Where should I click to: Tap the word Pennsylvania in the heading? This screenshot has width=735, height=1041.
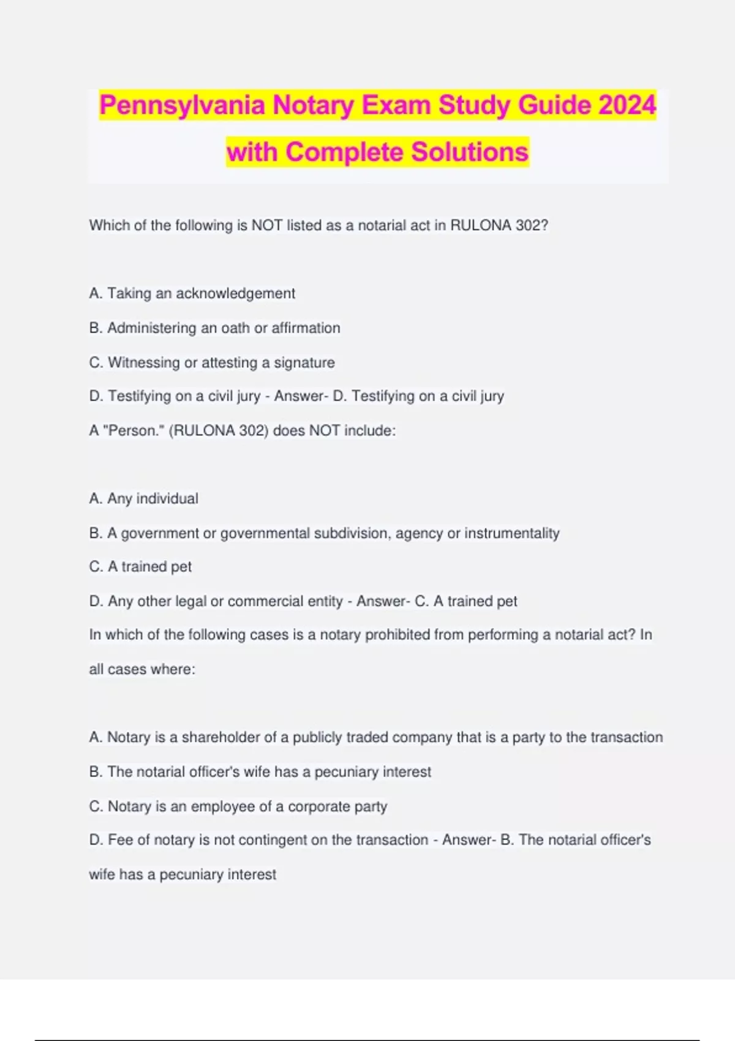click(183, 105)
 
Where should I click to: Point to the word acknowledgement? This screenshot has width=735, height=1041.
click(235, 294)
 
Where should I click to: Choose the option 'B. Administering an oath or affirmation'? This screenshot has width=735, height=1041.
click(214, 328)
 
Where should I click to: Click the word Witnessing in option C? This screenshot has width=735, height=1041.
click(144, 363)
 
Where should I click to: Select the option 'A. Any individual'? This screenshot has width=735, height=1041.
click(143, 498)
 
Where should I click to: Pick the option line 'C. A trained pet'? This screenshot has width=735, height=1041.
click(140, 567)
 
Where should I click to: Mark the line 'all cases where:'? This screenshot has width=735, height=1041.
click(142, 669)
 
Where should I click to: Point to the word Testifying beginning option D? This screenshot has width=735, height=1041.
click(140, 396)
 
